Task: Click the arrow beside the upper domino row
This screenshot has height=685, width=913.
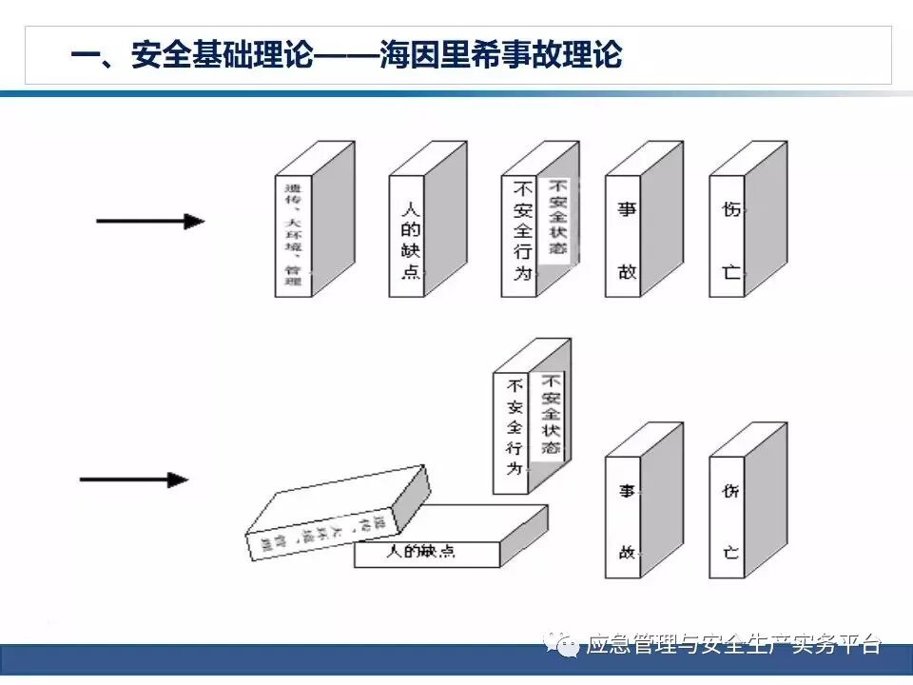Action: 150,222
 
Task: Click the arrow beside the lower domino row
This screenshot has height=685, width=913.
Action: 134,479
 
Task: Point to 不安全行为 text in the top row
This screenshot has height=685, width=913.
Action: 520,234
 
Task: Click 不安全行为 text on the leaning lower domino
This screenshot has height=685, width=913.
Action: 515,426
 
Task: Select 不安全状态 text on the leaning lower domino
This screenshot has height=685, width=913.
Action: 551,413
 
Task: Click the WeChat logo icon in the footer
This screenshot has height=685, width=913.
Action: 567,646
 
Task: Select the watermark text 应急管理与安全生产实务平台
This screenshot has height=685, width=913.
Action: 734,644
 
